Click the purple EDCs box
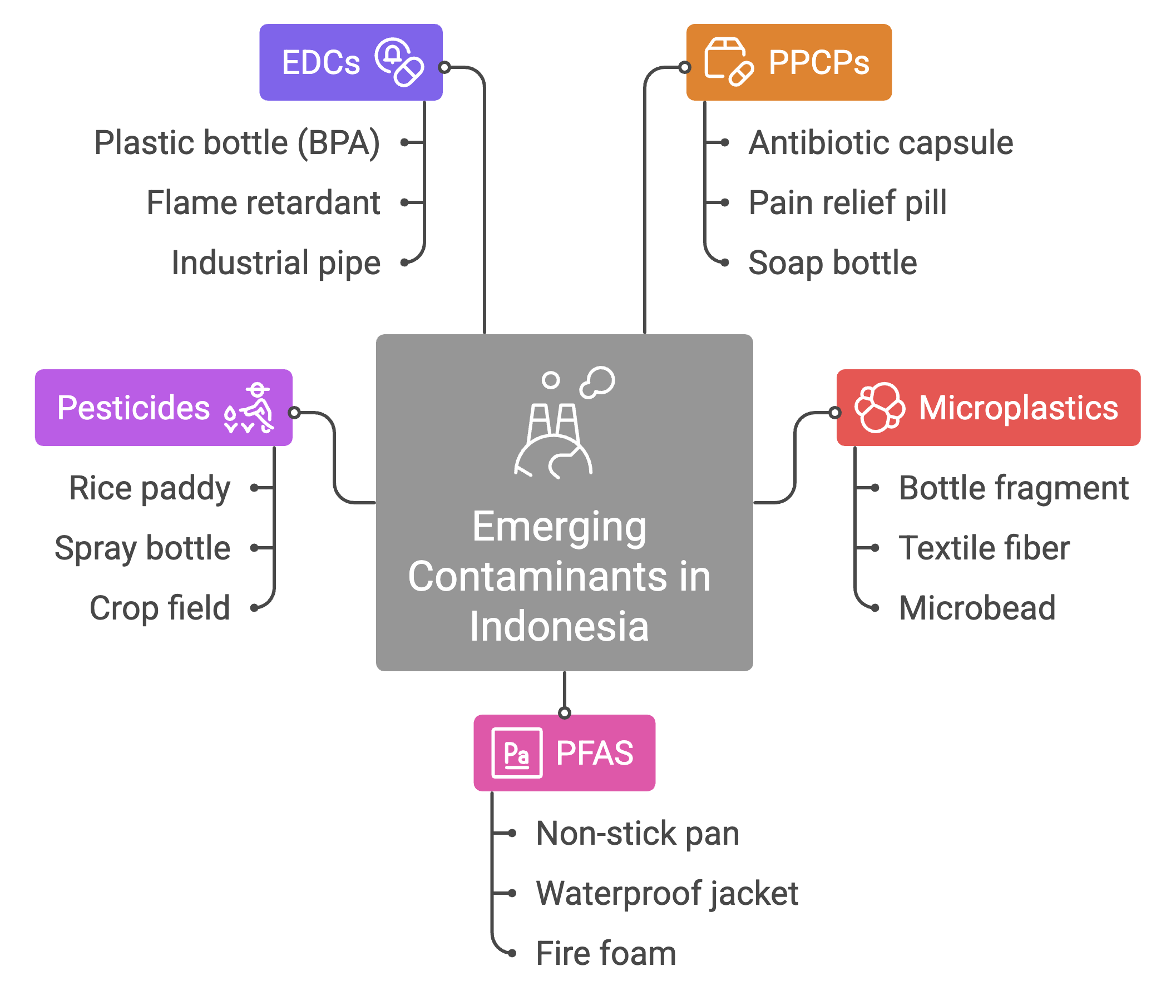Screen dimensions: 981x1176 pyautogui.click(x=350, y=62)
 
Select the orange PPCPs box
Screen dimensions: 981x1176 pyautogui.click(x=788, y=62)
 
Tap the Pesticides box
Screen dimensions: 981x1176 pyautogui.click(x=164, y=408)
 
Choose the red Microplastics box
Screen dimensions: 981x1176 pyautogui.click(x=988, y=408)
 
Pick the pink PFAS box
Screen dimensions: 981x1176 pyautogui.click(x=565, y=752)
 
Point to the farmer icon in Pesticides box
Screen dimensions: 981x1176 pyautogui.click(x=250, y=408)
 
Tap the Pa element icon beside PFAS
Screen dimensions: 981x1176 pyautogui.click(x=516, y=753)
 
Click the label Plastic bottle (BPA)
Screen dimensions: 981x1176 pyautogui.click(x=237, y=143)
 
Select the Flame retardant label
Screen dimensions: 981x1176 pyautogui.click(x=264, y=202)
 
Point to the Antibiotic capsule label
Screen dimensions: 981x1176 pyautogui.click(x=880, y=143)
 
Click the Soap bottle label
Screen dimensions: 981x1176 pyautogui.click(x=832, y=262)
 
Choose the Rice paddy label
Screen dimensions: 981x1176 pyautogui.click(x=150, y=488)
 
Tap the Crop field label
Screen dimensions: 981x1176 pyautogui.click(x=160, y=608)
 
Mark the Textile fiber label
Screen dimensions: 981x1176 pyautogui.click(x=984, y=548)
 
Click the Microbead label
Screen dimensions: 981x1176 pyautogui.click(x=977, y=608)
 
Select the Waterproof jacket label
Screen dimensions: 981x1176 pyautogui.click(x=667, y=893)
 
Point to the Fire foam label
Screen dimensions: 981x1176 pyautogui.click(x=606, y=953)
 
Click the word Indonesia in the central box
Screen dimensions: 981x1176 pyautogui.click(x=559, y=626)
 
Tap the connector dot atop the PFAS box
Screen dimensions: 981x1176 pyautogui.click(x=565, y=713)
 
